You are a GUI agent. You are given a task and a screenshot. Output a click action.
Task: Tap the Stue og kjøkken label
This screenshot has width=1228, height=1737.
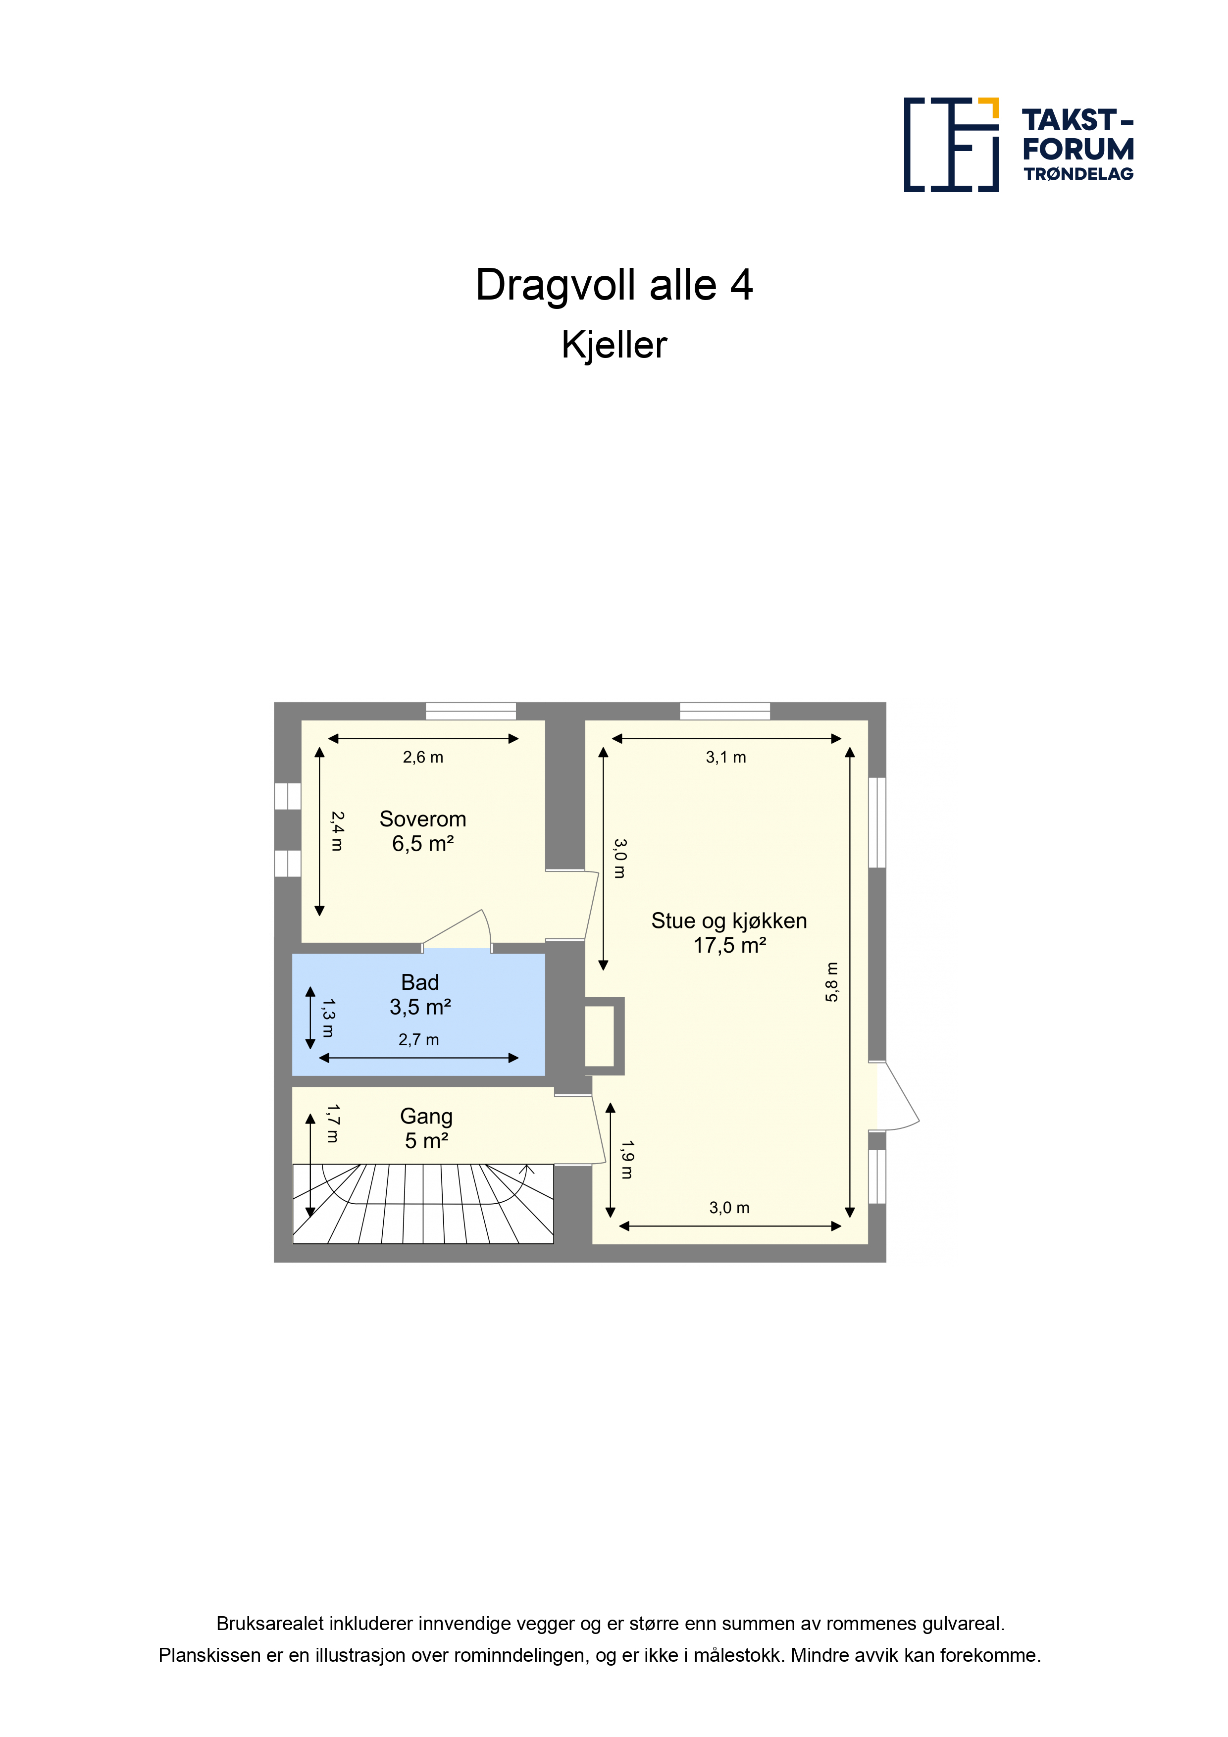728,921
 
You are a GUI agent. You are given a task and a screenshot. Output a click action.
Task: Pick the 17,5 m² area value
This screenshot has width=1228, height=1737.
729,946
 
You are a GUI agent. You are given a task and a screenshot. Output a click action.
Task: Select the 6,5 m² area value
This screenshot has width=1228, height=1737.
422,844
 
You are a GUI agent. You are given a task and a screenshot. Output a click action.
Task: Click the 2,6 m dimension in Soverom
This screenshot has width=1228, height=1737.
423,757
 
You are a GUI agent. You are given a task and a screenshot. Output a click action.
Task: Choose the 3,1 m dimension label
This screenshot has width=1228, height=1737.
725,757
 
